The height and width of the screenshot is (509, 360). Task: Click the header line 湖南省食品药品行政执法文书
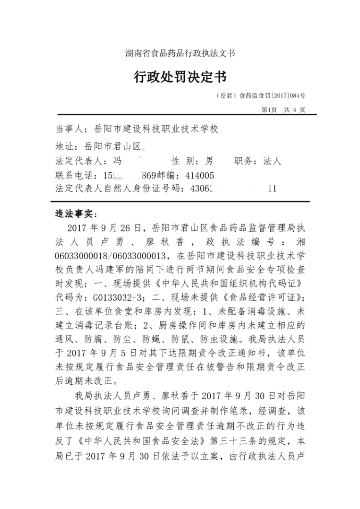(180, 53)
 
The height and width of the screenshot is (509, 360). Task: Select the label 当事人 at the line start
(69, 130)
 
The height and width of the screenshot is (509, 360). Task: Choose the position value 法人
(272, 161)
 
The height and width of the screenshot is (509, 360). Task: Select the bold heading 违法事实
(76, 213)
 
